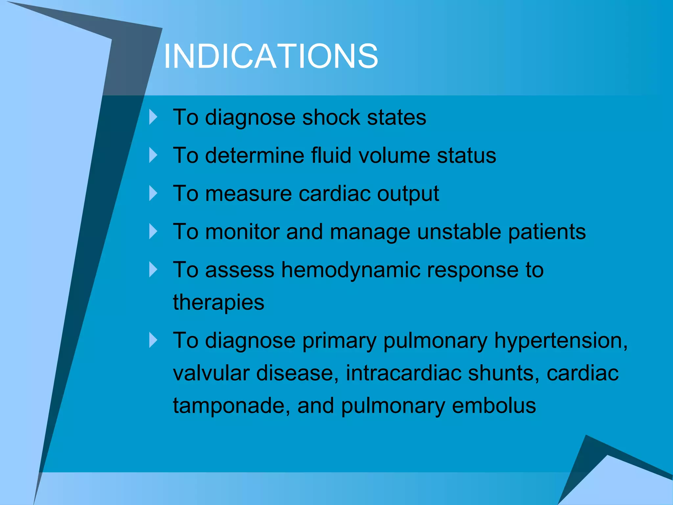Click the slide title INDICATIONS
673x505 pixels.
click(271, 57)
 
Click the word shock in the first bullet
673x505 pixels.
click(331, 117)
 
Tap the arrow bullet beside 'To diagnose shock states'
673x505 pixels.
click(153, 117)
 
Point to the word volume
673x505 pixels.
click(394, 156)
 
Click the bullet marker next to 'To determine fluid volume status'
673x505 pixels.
click(153, 155)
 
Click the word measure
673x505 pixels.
click(248, 194)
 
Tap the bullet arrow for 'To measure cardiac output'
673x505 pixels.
click(153, 193)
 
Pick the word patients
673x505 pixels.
click(547, 232)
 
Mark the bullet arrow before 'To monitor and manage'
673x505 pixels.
click(153, 231)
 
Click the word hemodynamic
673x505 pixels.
click(351, 270)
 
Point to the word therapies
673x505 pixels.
click(219, 303)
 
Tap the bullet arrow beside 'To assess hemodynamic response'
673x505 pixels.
click(153, 269)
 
